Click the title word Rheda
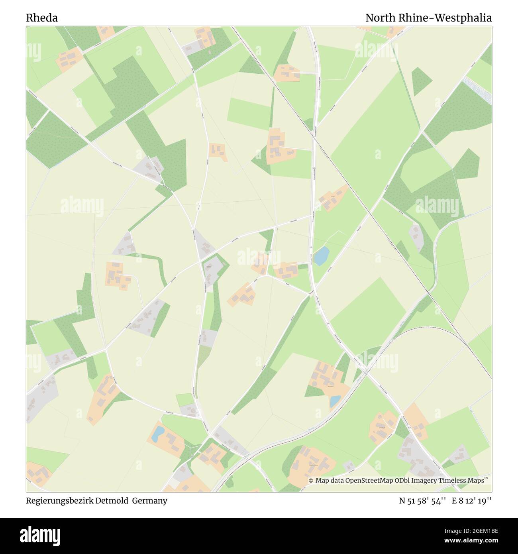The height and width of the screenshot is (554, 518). pos(42,18)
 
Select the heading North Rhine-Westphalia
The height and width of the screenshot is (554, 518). pos(428,18)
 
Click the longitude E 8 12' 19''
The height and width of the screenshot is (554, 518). pos(471,501)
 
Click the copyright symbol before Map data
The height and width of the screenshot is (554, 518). pos(311,481)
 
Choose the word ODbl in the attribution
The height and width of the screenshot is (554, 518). pos(406,481)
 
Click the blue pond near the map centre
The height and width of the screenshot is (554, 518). pos(322,256)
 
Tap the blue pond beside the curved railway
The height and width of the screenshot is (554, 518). pos(335,401)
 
